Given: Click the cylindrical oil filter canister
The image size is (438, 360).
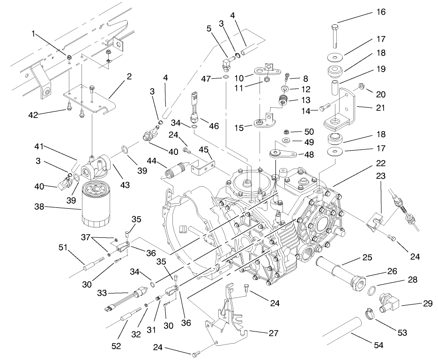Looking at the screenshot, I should (x=97, y=204).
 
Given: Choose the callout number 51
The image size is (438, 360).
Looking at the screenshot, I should (x=62, y=247).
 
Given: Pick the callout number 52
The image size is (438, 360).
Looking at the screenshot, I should (x=116, y=345).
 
